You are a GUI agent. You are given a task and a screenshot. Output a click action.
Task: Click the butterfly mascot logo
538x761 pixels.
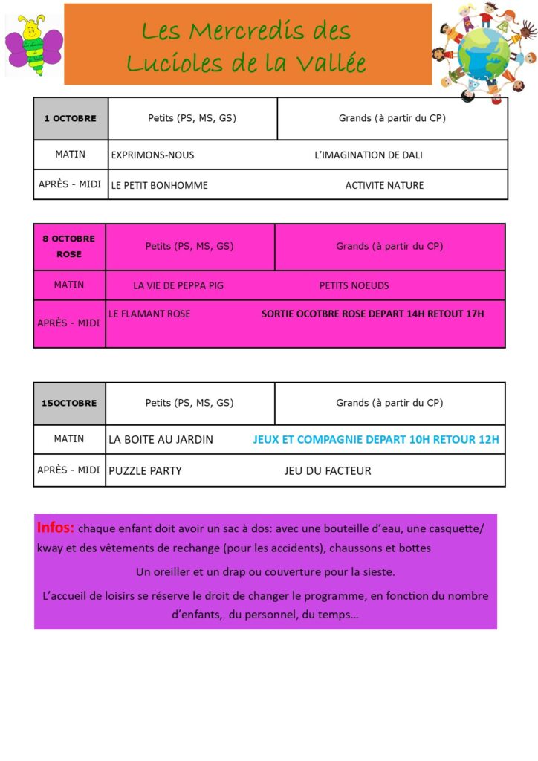click(33, 45)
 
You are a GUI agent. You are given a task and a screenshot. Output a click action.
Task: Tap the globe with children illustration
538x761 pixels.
click(485, 51)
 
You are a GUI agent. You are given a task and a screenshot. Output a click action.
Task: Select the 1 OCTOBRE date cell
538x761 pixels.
click(71, 118)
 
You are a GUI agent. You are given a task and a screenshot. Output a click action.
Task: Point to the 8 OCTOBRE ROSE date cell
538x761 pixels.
click(69, 246)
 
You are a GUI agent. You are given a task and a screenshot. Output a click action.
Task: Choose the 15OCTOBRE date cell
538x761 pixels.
click(69, 403)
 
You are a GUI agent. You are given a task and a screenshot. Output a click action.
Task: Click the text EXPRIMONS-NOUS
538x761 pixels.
click(152, 155)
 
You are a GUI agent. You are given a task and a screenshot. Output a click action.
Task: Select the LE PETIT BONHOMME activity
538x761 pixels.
click(159, 185)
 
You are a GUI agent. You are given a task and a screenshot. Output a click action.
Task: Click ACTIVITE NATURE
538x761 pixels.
click(384, 185)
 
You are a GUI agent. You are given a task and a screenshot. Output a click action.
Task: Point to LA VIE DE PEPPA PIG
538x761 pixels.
click(178, 285)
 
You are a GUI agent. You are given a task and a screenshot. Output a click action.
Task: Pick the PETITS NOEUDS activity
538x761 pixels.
click(354, 285)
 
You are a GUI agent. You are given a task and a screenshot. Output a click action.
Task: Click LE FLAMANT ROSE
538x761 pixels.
click(149, 314)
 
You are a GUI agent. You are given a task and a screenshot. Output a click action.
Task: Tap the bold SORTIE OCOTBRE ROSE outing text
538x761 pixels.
click(372, 314)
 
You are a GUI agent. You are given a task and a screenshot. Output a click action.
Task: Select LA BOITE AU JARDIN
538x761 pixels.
click(161, 439)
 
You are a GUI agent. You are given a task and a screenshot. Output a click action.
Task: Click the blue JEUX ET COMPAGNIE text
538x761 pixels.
click(376, 439)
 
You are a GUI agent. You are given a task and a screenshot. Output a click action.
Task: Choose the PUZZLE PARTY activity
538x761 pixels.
click(145, 470)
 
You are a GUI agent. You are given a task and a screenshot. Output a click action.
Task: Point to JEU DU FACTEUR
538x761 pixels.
click(327, 470)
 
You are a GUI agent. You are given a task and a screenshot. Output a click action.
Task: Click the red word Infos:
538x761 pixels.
click(56, 528)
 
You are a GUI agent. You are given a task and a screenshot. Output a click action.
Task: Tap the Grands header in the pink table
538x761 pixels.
click(389, 246)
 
